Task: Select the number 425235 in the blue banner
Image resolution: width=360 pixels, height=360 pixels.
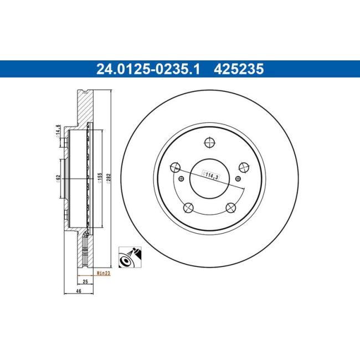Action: [239, 70]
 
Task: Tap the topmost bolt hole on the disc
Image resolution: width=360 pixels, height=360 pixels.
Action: [209, 143]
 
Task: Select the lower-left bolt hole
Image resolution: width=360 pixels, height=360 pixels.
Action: [188, 208]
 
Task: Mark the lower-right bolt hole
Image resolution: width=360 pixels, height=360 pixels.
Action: [230, 208]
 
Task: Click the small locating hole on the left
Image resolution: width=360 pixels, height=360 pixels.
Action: [182, 178]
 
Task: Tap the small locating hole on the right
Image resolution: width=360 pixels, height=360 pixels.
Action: [238, 178]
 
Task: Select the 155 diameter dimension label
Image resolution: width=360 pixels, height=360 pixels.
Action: [100, 178]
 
